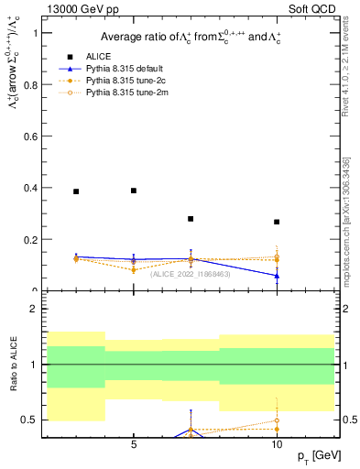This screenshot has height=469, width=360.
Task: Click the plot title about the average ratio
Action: (191, 36)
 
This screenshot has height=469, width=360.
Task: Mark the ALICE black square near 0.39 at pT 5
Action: (134, 191)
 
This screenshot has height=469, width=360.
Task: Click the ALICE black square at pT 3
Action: (76, 191)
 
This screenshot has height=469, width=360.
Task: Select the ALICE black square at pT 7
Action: (191, 219)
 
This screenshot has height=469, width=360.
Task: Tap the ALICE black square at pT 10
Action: (277, 222)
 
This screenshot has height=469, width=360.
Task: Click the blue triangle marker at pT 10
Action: (277, 276)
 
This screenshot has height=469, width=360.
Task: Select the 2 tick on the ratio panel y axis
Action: (37, 309)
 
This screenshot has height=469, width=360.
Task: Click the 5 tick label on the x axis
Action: (134, 445)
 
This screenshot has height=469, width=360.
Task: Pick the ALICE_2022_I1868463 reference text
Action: (191, 274)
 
